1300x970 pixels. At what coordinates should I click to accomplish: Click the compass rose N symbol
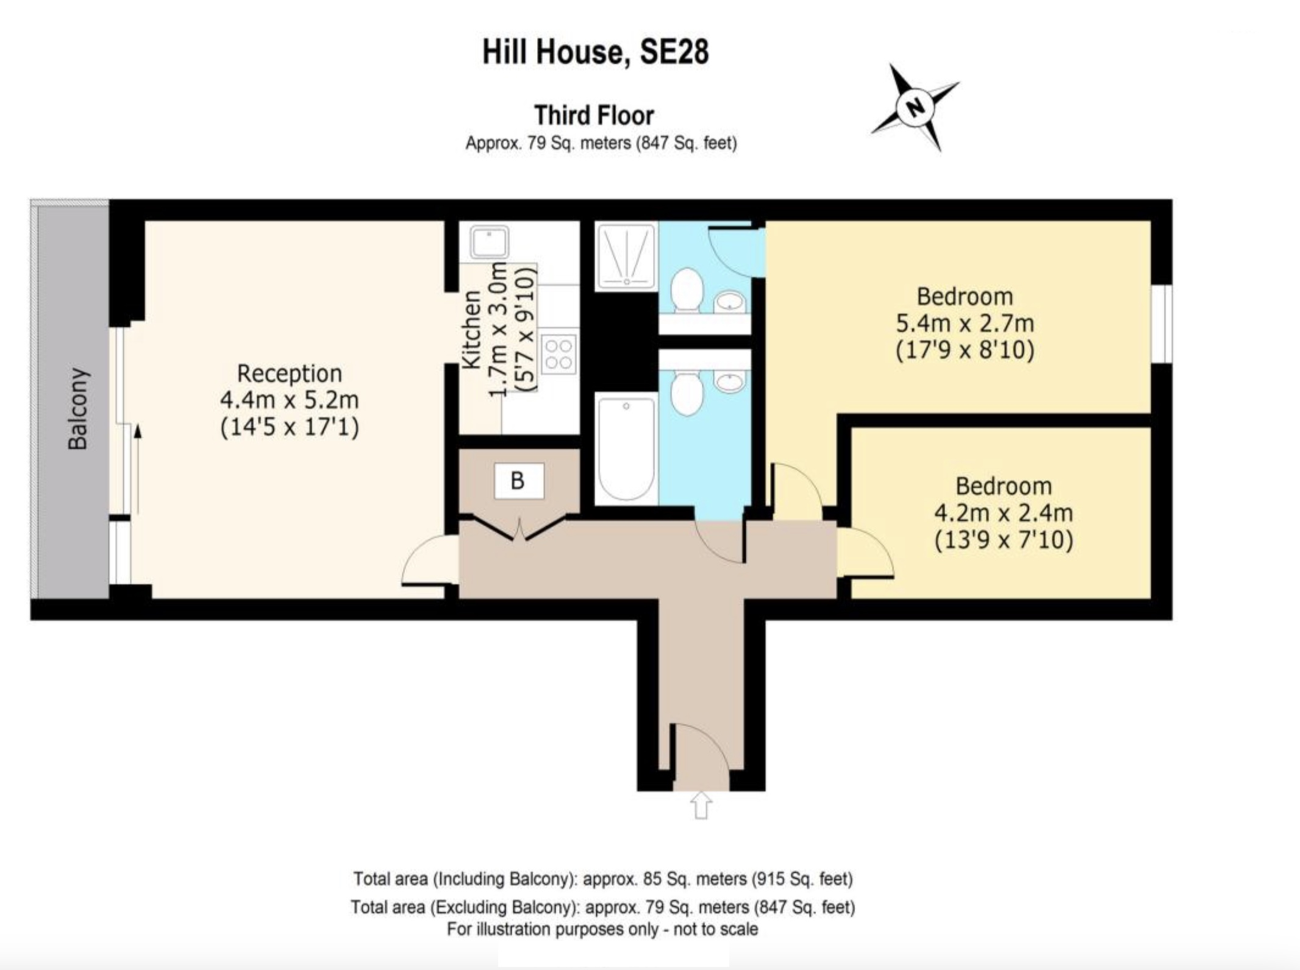(x=914, y=107)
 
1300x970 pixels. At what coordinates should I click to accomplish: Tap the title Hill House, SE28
(x=595, y=52)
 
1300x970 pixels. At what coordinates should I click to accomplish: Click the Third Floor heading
(x=594, y=115)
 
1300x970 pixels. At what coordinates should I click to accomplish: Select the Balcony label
(x=77, y=409)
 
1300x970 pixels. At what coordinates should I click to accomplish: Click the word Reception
(x=290, y=373)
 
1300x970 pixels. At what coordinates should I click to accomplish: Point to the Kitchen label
(x=471, y=330)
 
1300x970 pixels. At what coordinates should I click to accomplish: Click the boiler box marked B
(x=518, y=481)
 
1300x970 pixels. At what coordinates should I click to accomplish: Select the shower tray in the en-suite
(x=626, y=256)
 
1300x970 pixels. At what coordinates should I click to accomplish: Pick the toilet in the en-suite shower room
(x=687, y=289)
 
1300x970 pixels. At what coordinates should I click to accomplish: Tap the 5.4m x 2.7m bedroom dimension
(x=965, y=323)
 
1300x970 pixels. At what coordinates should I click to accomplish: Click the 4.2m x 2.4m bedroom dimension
(x=1003, y=512)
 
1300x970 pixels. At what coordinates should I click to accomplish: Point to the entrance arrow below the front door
(x=701, y=805)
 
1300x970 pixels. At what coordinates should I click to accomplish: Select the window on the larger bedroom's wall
(x=1162, y=324)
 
